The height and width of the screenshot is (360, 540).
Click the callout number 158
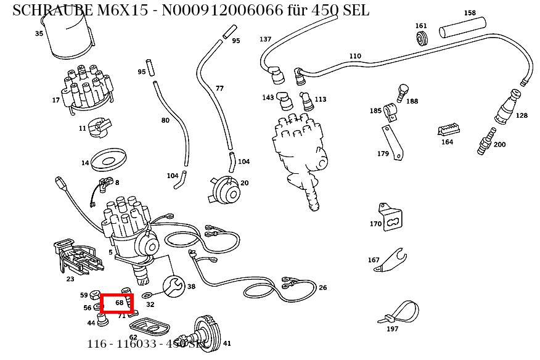[470, 13]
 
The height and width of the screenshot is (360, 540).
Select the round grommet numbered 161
[422, 39]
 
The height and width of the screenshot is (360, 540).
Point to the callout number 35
[39, 34]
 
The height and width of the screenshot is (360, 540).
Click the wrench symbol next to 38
[173, 285]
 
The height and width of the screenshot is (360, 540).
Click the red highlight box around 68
[117, 303]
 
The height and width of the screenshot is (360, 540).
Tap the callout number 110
[355, 56]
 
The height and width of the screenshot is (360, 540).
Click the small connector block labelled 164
[448, 129]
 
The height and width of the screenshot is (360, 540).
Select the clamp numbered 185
[390, 111]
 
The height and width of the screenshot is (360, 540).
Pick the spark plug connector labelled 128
[505, 108]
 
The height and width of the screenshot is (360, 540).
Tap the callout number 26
[322, 288]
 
